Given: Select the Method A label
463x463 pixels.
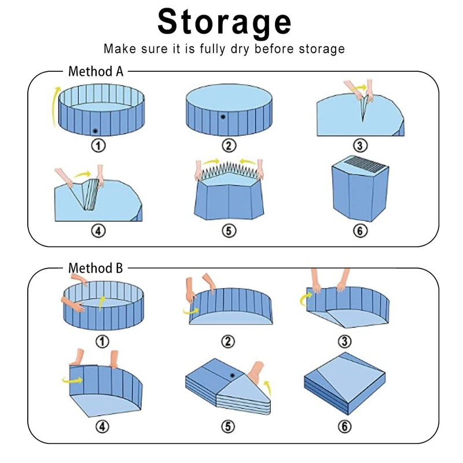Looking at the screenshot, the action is (x=95, y=72).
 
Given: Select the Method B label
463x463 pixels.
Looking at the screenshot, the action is (x=95, y=269).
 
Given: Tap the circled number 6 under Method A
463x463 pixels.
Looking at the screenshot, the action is (x=360, y=230).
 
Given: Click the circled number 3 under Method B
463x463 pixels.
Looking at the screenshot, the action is (x=360, y=340).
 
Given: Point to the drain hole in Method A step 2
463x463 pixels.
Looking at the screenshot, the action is (x=222, y=117).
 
